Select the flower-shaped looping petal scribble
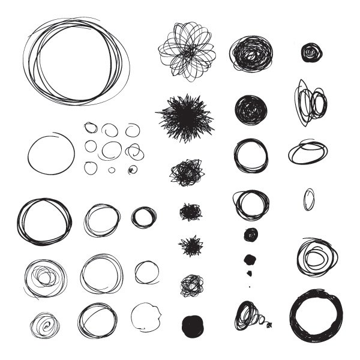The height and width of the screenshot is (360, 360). [187, 52]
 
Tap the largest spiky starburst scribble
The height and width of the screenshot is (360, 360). [185, 116]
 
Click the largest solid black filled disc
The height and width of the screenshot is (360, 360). [191, 325]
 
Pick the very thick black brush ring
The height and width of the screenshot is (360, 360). [317, 316]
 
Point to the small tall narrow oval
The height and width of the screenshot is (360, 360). [308, 199]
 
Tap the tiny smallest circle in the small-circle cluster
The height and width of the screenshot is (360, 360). [112, 170]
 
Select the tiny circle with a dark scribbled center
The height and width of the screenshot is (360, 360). [132, 170]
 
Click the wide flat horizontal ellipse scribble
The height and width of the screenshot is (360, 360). [308, 152]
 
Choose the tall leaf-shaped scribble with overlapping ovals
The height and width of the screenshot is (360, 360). [310, 103]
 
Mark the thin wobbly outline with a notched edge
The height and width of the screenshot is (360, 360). [146, 317]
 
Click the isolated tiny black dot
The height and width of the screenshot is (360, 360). [250, 286]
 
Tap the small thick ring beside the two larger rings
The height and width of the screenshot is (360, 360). [144, 217]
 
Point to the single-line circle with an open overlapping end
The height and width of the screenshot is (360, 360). [51, 154]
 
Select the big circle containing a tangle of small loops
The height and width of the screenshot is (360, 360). [44, 278]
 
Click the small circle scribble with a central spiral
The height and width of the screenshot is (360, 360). [45, 325]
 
